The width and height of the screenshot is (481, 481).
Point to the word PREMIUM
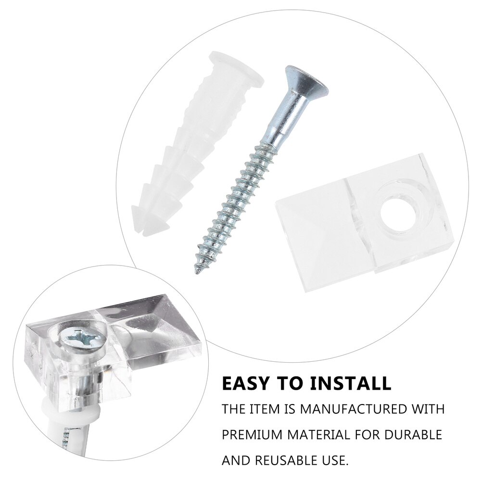(252, 435)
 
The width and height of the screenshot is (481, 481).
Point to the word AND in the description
(235, 461)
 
